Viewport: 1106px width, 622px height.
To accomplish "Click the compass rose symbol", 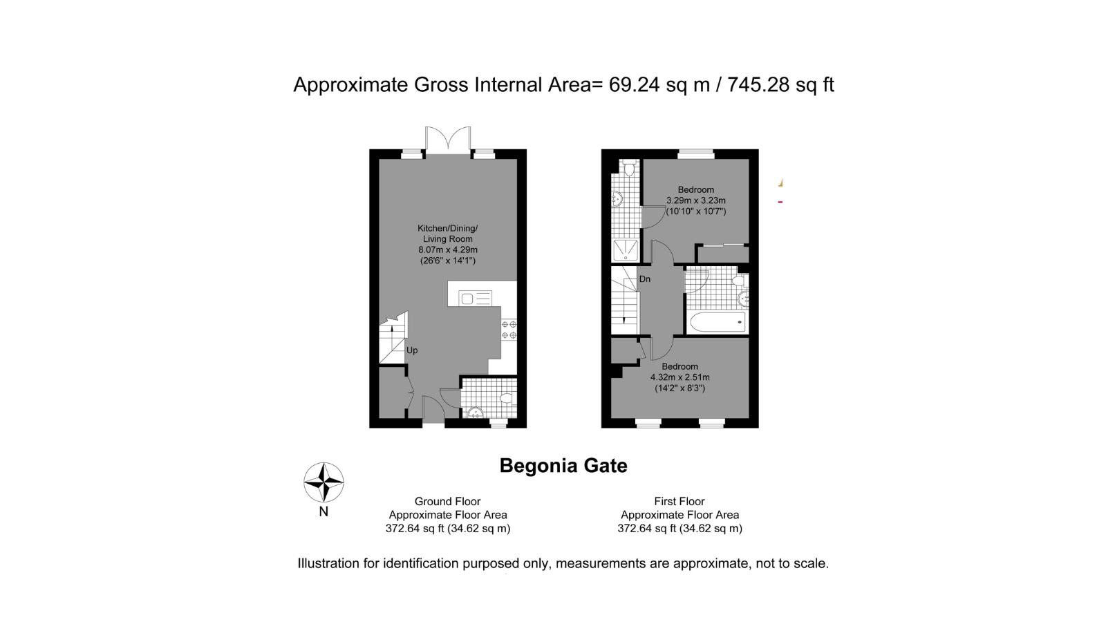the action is [324, 482].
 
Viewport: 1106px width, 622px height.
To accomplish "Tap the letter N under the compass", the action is [324, 512].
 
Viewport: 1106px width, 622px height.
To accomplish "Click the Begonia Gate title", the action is [563, 466].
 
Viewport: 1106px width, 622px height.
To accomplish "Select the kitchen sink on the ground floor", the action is [475, 298].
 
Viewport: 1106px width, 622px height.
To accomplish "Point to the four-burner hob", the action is [509, 330].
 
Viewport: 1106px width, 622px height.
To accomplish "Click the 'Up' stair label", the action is [412, 350].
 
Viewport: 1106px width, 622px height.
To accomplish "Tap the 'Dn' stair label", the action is [645, 279].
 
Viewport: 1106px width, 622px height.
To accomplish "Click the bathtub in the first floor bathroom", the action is [718, 322].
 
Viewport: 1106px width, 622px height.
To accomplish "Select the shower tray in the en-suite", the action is [626, 251].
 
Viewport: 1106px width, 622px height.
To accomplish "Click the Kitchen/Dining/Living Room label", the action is [448, 234].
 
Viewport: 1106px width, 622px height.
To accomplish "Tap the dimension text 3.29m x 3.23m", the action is [695, 200].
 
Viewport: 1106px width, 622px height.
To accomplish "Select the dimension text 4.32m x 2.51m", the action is [680, 377].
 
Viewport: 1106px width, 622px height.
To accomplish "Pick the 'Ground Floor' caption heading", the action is [447, 502].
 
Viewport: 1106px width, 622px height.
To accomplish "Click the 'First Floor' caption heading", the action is [679, 502].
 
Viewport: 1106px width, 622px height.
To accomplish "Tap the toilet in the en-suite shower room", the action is [629, 169].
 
